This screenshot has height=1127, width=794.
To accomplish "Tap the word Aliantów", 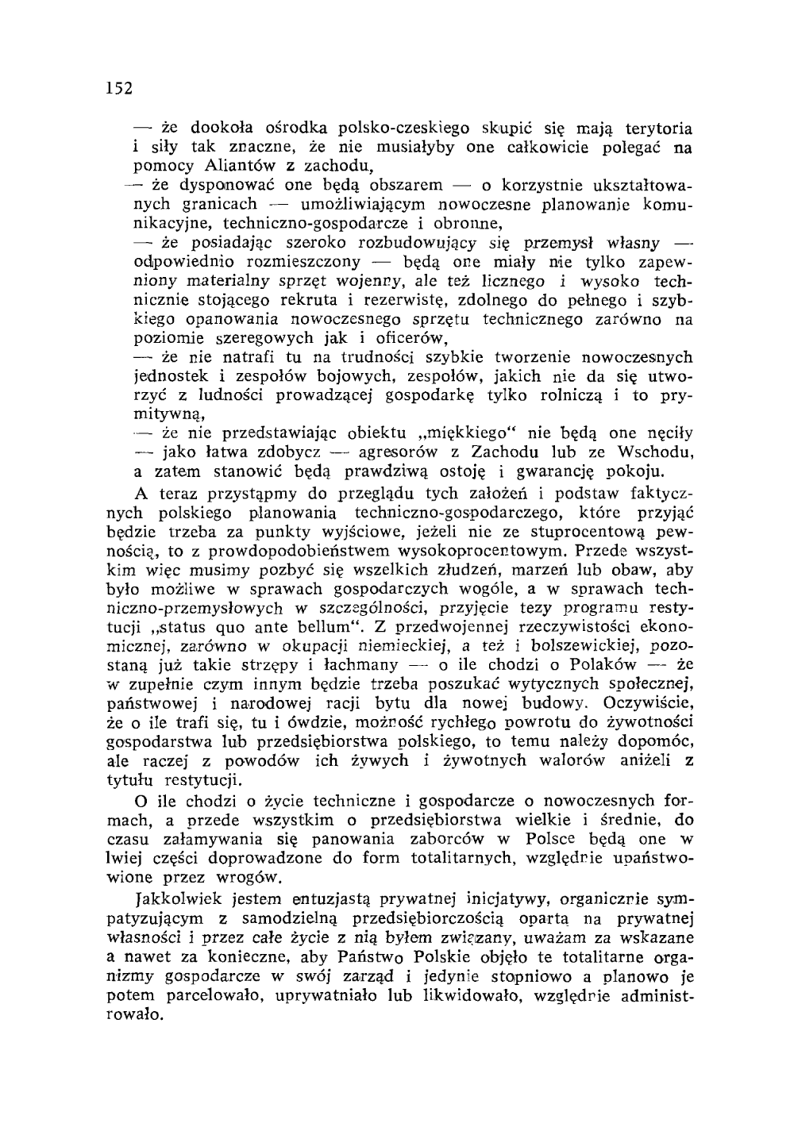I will (x=236, y=167).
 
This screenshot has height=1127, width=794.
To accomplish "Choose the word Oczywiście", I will (x=649, y=703).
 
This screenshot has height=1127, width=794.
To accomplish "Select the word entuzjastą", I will (x=333, y=900).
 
